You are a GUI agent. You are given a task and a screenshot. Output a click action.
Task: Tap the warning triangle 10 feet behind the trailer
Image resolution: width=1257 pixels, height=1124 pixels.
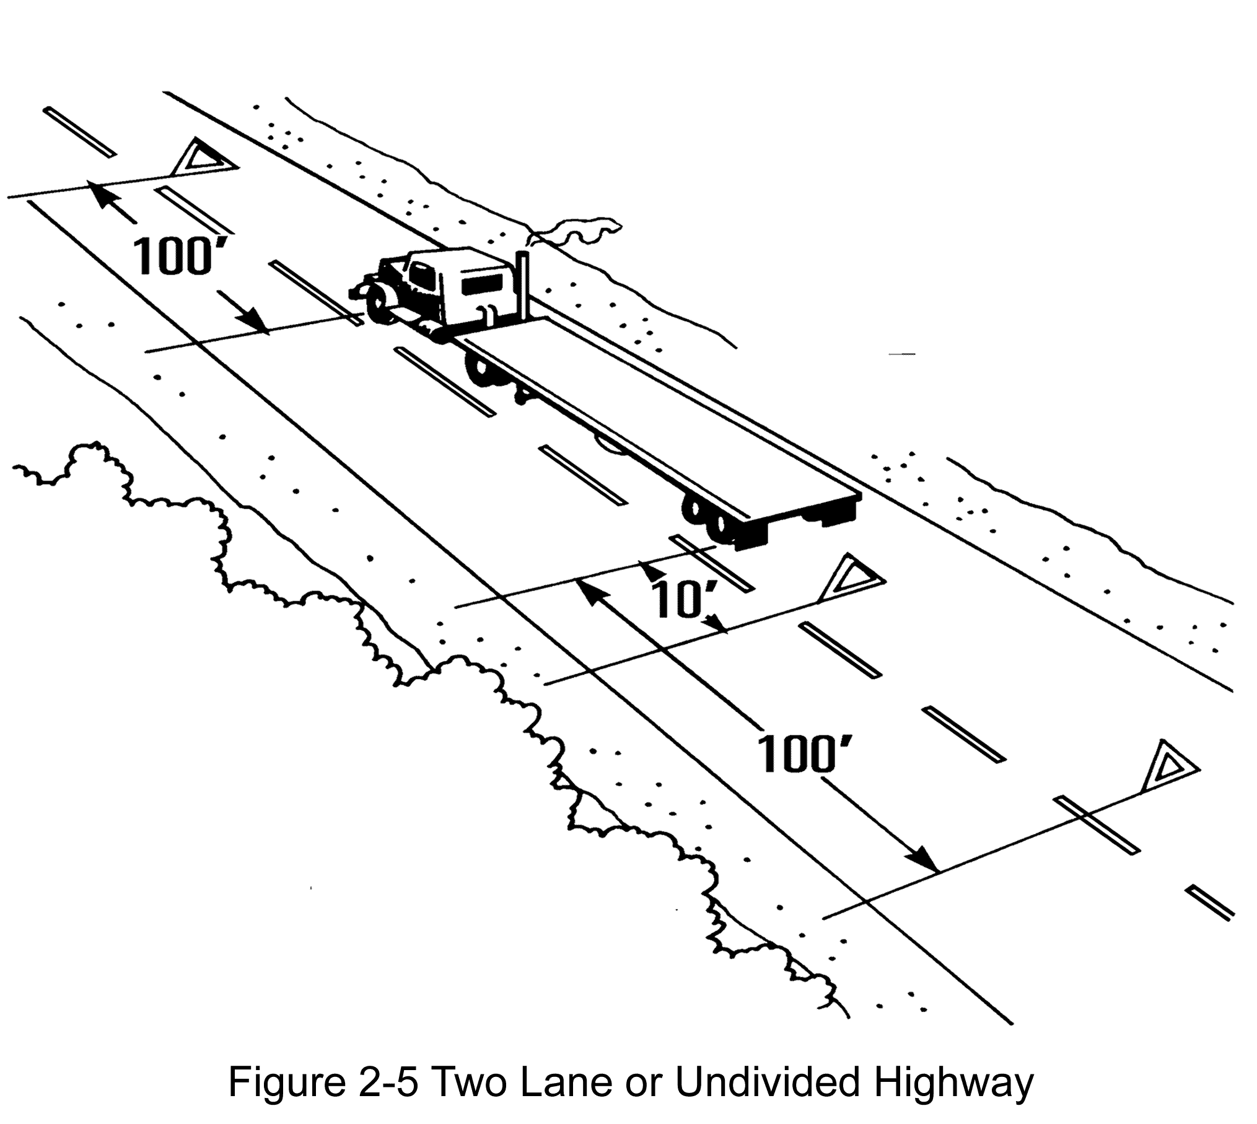point(850,579)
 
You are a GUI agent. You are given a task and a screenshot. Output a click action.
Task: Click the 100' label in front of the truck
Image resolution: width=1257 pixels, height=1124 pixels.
point(172,255)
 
